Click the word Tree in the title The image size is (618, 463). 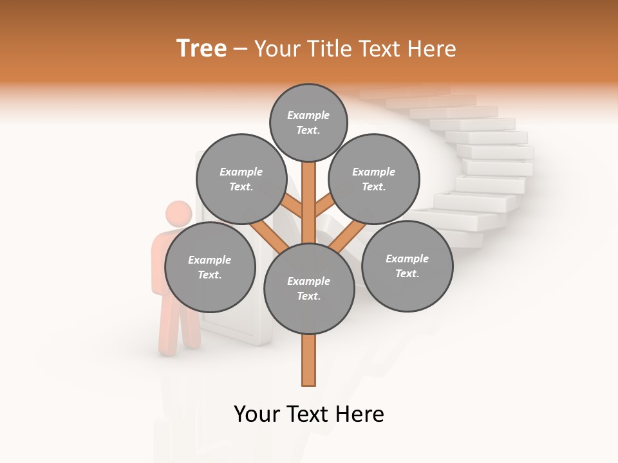pyautogui.click(x=201, y=48)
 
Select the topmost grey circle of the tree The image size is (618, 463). pyautogui.click(x=308, y=122)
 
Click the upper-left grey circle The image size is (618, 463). pyautogui.click(x=241, y=179)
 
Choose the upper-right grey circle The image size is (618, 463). pyautogui.click(x=374, y=179)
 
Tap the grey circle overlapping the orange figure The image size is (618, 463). pyautogui.click(x=210, y=267)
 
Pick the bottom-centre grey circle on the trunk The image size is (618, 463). pyautogui.click(x=309, y=289)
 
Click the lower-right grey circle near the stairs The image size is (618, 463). pyautogui.click(x=407, y=266)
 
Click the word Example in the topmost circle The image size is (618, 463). pyautogui.click(x=308, y=115)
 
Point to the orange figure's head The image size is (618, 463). pyautogui.click(x=178, y=214)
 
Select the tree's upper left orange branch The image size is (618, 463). pyautogui.click(x=292, y=206)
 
